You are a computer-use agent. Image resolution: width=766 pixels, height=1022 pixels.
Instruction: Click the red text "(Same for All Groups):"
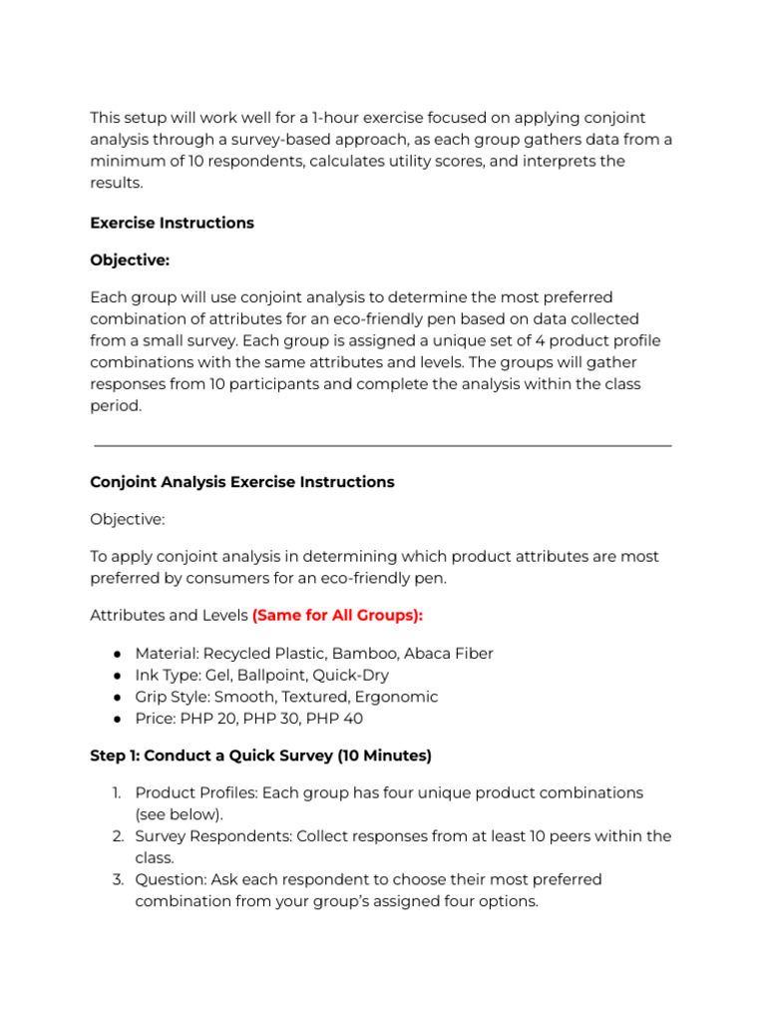(x=337, y=616)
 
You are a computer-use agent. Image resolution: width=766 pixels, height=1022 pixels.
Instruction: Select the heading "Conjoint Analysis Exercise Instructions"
(x=242, y=482)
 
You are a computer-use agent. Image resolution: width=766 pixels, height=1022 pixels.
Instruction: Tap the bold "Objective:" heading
(x=130, y=259)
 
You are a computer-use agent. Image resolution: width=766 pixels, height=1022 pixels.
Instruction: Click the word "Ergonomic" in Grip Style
(x=399, y=697)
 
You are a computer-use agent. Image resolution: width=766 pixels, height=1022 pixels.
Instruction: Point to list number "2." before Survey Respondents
(x=118, y=836)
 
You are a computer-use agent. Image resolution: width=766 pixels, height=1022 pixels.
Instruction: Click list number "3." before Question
(x=118, y=879)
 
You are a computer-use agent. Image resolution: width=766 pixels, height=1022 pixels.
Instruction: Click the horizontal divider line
(x=382, y=446)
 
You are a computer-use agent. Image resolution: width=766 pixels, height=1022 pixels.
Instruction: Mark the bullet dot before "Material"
(x=117, y=654)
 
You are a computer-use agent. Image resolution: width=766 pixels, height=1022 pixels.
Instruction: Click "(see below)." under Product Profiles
(x=180, y=814)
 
